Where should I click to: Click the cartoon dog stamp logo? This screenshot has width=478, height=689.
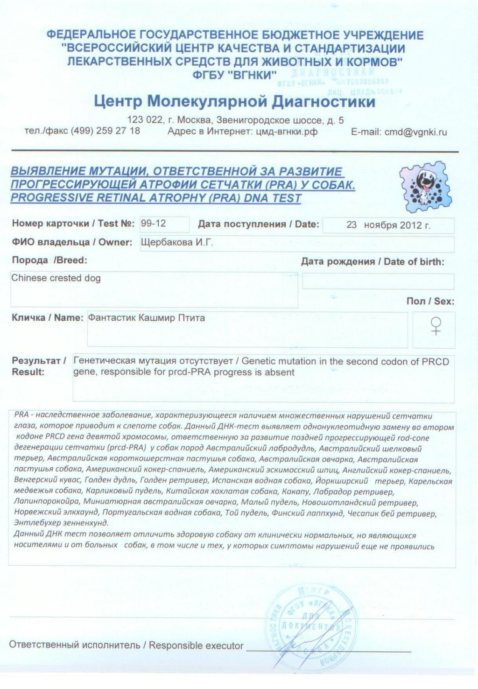click(426, 187)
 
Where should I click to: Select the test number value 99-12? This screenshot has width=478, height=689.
click(154, 224)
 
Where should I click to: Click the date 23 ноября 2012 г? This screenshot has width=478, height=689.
click(388, 225)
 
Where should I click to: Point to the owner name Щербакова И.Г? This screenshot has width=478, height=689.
click(177, 242)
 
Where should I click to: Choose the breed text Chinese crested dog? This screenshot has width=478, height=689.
click(56, 278)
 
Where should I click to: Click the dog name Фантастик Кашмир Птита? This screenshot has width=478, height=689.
click(147, 318)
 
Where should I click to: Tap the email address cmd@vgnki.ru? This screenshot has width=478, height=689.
click(415, 132)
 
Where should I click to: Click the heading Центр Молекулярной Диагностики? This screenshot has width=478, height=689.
click(234, 101)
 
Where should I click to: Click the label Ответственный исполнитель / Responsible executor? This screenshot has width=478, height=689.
click(126, 646)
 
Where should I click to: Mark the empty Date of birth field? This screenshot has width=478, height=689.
click(378, 281)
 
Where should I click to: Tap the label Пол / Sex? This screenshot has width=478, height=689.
click(430, 301)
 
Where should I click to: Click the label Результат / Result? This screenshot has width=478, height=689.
click(38, 366)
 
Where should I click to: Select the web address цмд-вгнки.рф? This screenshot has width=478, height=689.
click(286, 132)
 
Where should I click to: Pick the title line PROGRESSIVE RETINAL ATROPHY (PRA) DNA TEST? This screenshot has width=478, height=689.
click(155, 198)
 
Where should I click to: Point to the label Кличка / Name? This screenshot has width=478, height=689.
click(47, 318)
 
